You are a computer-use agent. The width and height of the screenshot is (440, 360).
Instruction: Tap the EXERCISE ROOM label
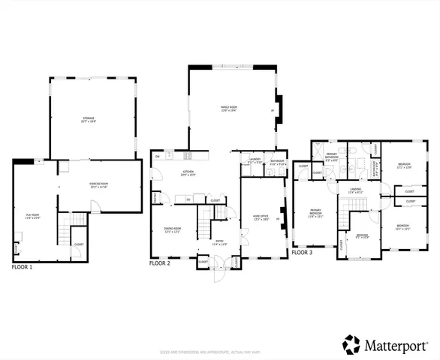pos(101,185)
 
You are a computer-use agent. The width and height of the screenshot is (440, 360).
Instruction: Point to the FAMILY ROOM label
pos(228,109)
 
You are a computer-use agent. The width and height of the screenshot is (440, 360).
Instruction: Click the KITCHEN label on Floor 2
pos(188,174)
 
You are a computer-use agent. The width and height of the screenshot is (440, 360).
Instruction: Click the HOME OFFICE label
pos(260,219)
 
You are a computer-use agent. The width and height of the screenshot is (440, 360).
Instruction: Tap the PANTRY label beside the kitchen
pos(155,198)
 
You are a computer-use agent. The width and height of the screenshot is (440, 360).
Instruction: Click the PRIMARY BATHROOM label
pos(332,157)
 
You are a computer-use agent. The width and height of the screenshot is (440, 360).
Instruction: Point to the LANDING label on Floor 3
pos(355,191)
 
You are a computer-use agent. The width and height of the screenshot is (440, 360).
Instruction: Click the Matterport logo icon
pos(351,344)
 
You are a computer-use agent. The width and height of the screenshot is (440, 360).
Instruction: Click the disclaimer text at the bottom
pos(219,351)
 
